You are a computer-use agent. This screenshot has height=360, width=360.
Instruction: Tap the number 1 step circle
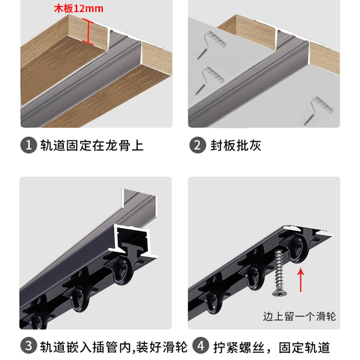click(28, 145)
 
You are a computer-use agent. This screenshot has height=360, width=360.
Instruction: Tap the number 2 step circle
click(197, 145)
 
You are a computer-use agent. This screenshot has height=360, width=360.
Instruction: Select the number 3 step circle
click(28, 346)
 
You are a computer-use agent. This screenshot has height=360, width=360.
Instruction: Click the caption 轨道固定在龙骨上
click(92, 145)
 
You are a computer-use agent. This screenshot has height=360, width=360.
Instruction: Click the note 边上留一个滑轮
click(299, 316)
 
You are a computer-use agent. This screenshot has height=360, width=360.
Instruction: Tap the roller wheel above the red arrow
click(297, 250)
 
